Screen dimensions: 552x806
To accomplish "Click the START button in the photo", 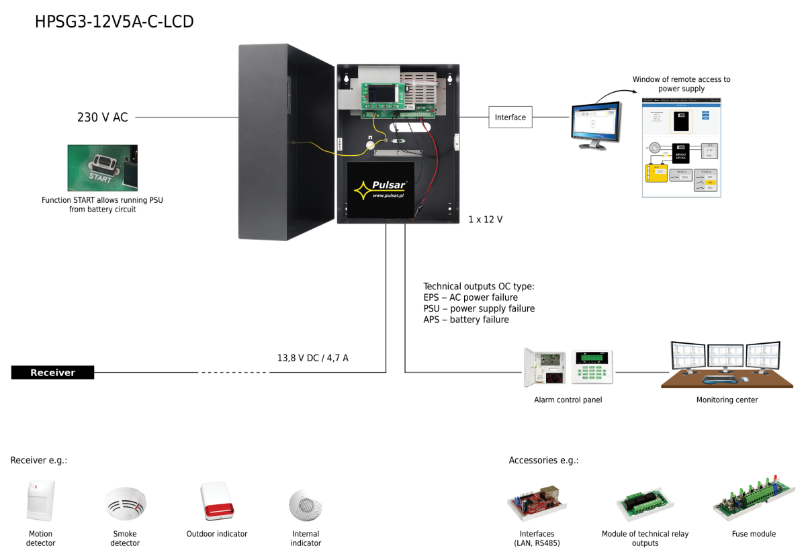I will (x=103, y=163).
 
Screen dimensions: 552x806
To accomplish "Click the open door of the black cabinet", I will (x=285, y=141).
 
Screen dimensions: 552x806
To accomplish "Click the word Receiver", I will (x=52, y=373).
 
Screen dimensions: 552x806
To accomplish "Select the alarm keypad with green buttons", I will (x=592, y=367).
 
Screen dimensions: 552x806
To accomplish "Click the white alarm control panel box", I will (x=545, y=367).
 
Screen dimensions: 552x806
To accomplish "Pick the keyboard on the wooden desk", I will (x=719, y=380).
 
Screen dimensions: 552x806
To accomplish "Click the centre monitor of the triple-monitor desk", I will (x=725, y=355).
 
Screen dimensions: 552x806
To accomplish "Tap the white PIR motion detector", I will (x=40, y=500).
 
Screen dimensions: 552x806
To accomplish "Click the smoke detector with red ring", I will (x=126, y=503).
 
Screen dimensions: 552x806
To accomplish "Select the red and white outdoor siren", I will (x=217, y=502).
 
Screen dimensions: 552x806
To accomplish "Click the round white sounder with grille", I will (x=306, y=504).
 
